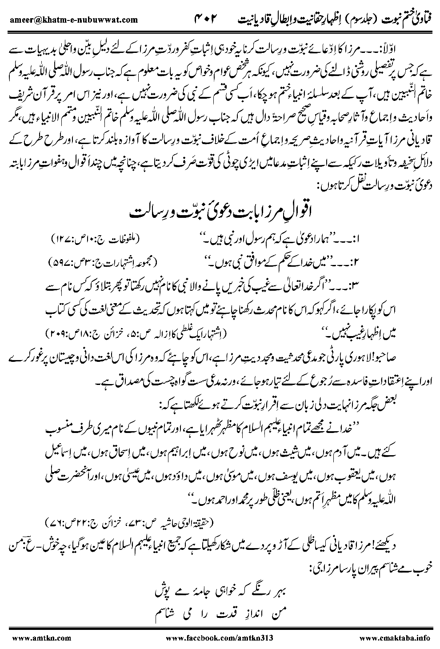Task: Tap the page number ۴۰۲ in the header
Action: pos(210,20)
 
